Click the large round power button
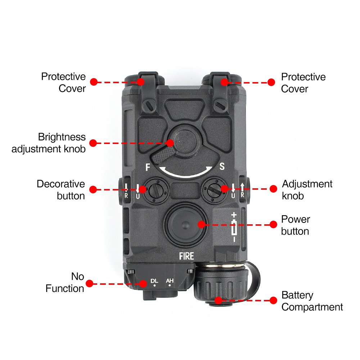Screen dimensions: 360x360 (x=186, y=224)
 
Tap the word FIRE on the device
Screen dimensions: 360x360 (x=186, y=256)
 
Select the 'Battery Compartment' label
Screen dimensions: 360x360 (x=312, y=301)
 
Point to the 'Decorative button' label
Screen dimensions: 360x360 (x=61, y=190)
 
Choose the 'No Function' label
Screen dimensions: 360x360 (x=66, y=283)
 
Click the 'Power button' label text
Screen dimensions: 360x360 (x=295, y=225)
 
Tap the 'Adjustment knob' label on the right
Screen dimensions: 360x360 (x=307, y=190)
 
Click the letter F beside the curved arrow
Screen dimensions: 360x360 (x=147, y=167)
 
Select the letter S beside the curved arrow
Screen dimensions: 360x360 (x=222, y=166)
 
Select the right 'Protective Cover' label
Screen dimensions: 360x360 (x=303, y=83)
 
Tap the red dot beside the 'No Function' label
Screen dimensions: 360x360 (x=90, y=283)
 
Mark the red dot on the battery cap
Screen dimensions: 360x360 (x=218, y=300)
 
